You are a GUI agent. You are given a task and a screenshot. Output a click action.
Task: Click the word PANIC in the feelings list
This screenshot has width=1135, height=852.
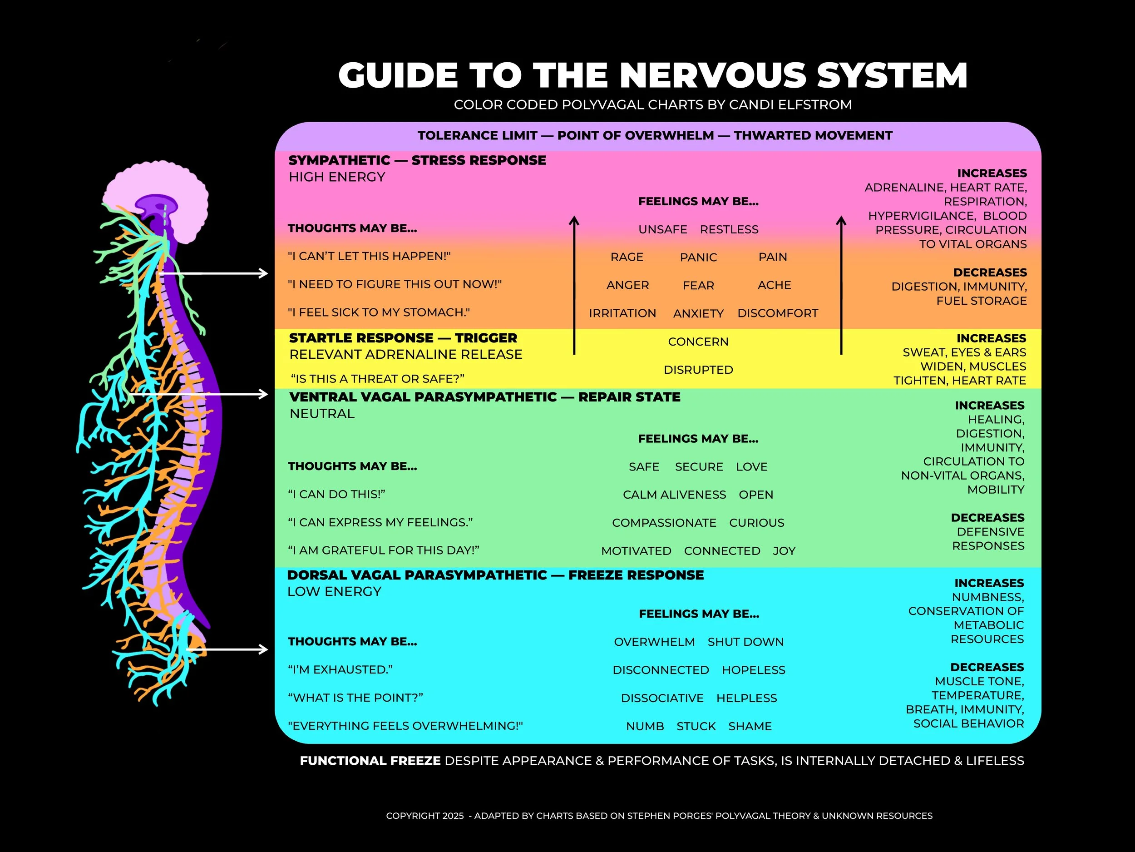coord(698,257)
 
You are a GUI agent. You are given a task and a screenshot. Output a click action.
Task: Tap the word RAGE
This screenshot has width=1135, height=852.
coord(627,257)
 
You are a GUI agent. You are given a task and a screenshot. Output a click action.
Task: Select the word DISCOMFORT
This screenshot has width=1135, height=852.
coord(777,313)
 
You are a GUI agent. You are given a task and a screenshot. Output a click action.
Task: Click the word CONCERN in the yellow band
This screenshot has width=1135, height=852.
coord(698,342)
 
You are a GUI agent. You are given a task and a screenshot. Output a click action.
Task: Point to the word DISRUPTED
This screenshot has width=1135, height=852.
coord(698,370)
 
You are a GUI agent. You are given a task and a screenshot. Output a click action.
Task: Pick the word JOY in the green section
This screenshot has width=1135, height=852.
coord(784,551)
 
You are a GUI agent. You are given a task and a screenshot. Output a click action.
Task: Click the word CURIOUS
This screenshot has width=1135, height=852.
coord(756,522)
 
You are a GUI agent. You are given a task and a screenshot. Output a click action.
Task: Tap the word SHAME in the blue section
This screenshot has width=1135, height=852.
coord(750,726)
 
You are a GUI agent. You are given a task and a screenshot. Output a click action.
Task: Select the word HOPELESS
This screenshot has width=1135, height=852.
coord(753,670)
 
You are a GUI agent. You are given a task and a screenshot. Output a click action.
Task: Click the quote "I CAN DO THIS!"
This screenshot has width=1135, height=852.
coord(336,494)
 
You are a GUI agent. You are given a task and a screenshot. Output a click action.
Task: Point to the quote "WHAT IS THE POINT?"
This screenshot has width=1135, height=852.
coord(355,698)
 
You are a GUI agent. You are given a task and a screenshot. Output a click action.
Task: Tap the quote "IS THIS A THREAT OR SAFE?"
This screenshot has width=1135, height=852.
coord(377,379)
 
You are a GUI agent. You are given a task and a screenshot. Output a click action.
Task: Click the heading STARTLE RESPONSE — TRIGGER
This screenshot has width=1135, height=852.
coord(403,338)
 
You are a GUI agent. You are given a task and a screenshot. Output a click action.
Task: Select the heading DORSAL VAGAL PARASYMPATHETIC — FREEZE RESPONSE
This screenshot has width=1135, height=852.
coord(495,575)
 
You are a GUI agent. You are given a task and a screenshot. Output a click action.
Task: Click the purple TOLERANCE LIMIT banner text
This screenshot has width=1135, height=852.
coord(655,135)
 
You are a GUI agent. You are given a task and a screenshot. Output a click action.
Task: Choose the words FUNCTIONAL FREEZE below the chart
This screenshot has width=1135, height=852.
coord(370,761)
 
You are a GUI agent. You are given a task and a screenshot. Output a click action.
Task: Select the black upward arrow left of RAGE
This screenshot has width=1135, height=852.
coord(574,285)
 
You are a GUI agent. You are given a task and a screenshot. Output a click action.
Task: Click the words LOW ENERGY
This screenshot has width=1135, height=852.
coord(334,592)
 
